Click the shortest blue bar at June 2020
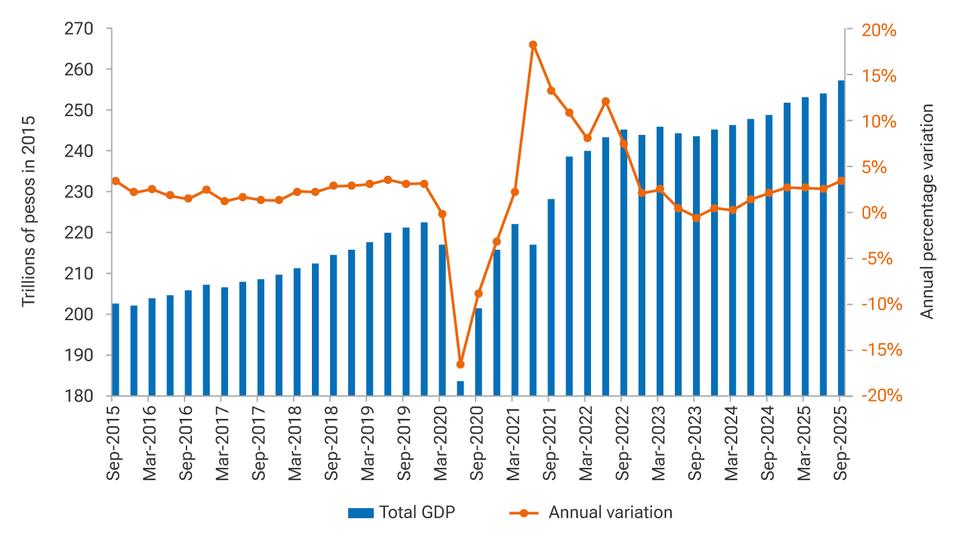(x=460, y=389)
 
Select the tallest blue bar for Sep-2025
(x=841, y=238)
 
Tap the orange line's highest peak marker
(x=533, y=45)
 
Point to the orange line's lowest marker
(x=460, y=364)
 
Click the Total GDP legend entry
(x=401, y=513)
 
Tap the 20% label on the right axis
(x=879, y=30)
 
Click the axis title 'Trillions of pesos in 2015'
(x=28, y=211)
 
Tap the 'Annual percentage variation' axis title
(x=927, y=211)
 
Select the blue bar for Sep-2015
(x=115, y=350)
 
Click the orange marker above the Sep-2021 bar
(x=551, y=91)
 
